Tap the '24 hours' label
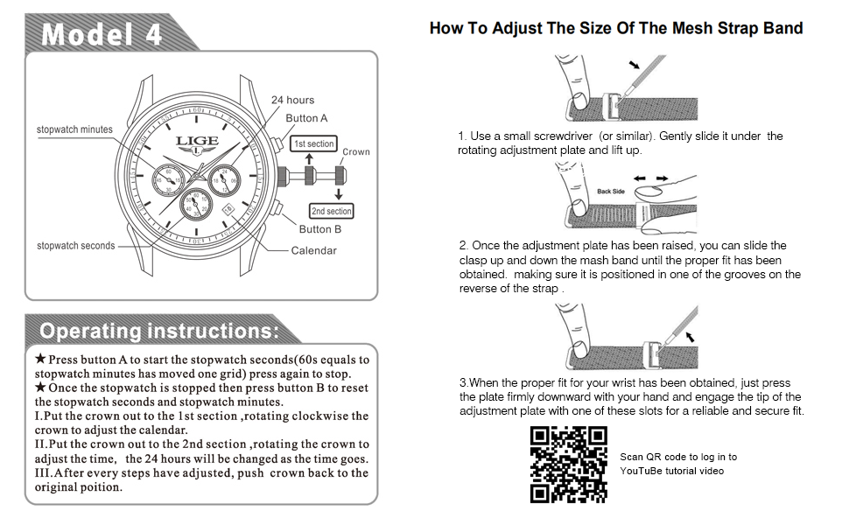(x=292, y=100)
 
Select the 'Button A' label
(x=306, y=118)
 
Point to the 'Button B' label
(x=314, y=229)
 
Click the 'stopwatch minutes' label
(x=74, y=129)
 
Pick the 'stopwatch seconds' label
(x=75, y=246)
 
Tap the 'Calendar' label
(x=313, y=250)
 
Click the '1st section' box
(x=313, y=143)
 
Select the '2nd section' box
(x=331, y=211)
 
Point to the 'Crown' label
(x=355, y=151)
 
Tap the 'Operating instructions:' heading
(x=159, y=332)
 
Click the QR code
(x=569, y=465)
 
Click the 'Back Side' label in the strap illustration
(x=611, y=191)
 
